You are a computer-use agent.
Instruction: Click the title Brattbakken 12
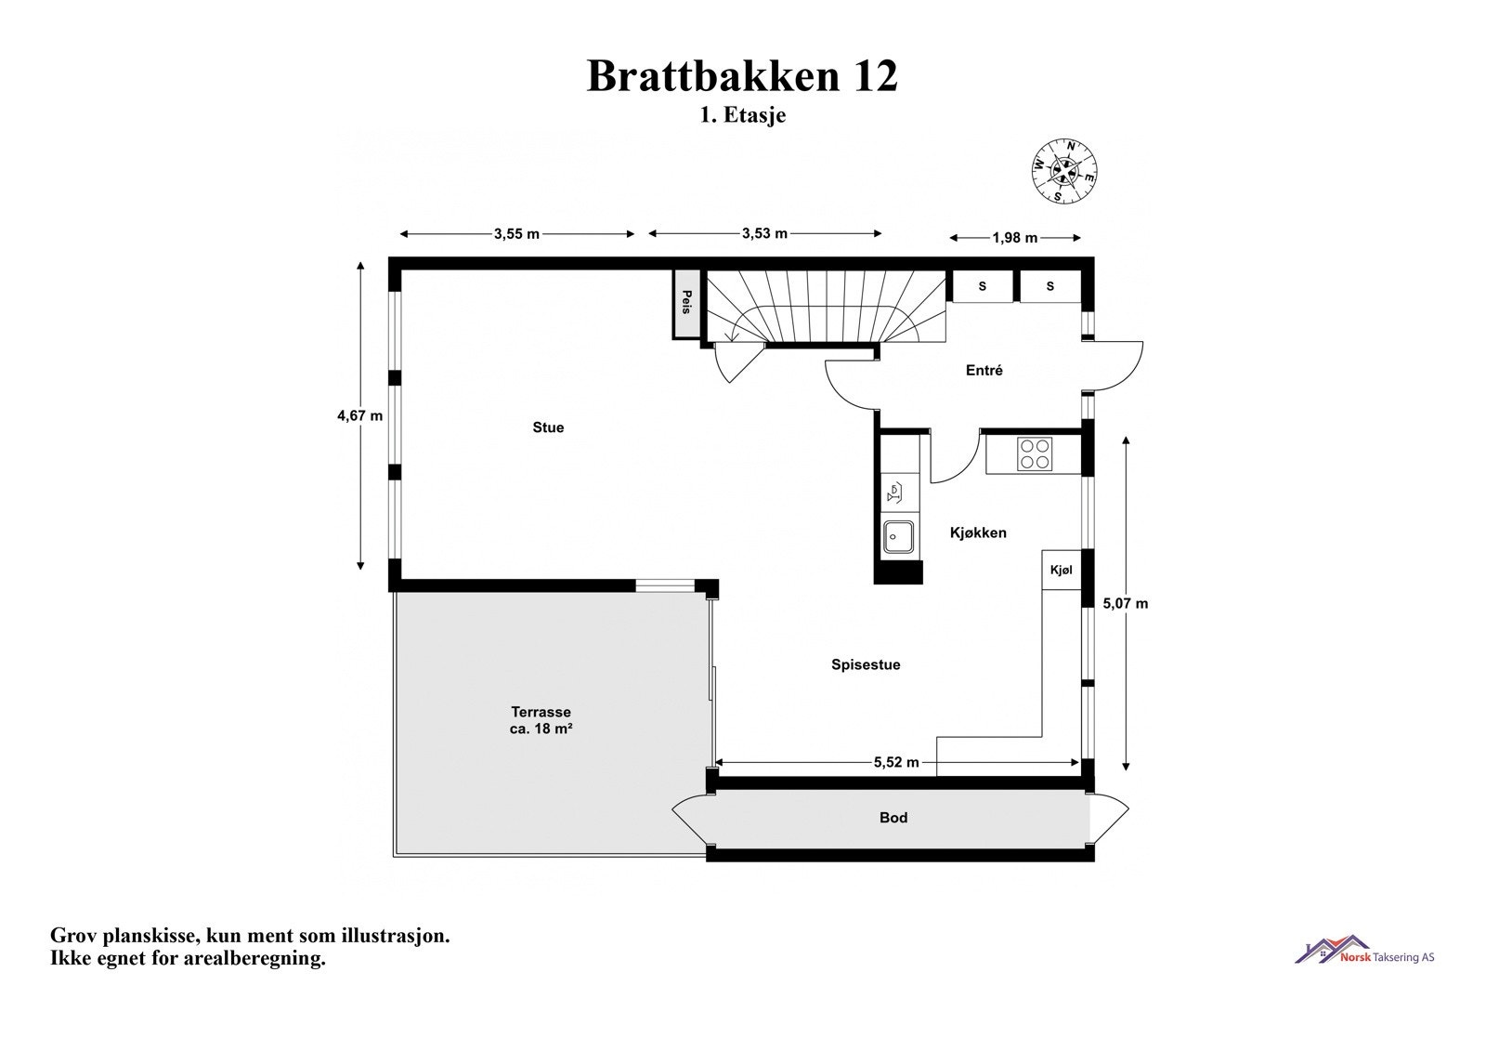click(x=742, y=76)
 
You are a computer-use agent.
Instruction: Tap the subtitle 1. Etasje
click(x=742, y=116)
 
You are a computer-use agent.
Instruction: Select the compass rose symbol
click(x=1064, y=171)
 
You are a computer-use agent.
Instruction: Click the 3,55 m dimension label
click(x=516, y=234)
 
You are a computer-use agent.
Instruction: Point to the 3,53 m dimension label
click(x=764, y=233)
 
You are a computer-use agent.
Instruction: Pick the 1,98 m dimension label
click(x=1014, y=238)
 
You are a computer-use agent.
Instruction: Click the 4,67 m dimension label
click(x=359, y=416)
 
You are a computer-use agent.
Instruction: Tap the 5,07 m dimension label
click(x=1125, y=604)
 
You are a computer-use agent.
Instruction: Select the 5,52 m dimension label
click(x=896, y=763)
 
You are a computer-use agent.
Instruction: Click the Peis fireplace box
click(x=686, y=303)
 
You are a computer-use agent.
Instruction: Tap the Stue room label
click(x=548, y=427)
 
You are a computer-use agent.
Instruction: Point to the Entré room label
click(x=984, y=371)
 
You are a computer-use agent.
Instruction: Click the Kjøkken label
click(x=978, y=533)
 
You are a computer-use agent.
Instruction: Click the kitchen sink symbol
click(x=898, y=537)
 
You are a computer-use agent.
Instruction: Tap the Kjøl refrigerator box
click(x=1061, y=570)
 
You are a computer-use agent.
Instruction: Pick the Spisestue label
click(x=866, y=665)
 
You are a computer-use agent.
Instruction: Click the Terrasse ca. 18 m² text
click(x=541, y=721)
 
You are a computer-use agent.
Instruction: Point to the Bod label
click(x=893, y=818)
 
